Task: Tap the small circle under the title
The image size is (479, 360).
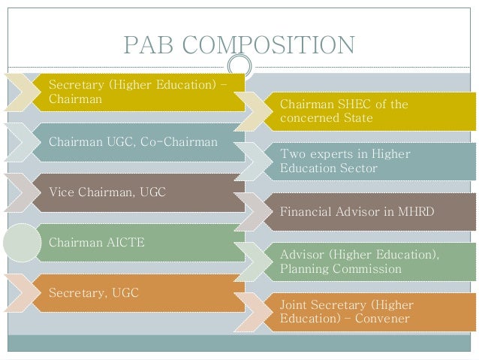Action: [x=239, y=64]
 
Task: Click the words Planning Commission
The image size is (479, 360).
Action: [x=340, y=268]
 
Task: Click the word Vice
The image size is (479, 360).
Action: [x=62, y=192]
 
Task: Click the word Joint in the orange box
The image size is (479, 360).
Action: [x=295, y=304]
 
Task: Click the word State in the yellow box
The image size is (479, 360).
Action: [x=357, y=118]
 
